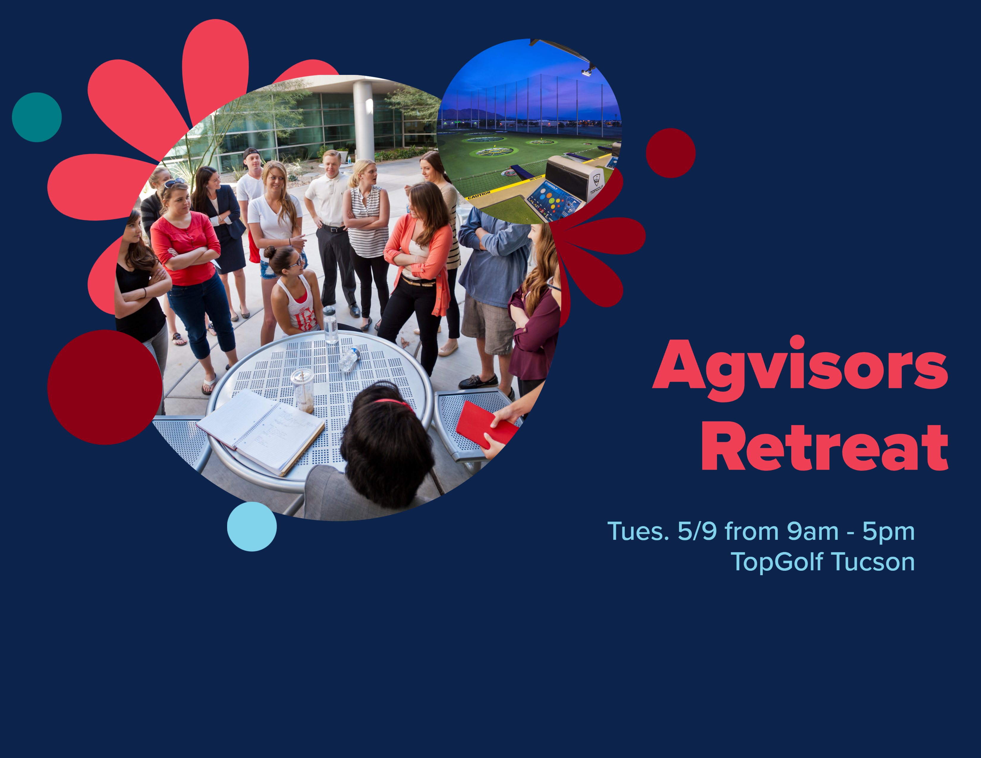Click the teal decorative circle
pyautogui.click(x=37, y=117)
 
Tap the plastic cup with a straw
pyautogui.click(x=303, y=390)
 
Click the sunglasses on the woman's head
pyautogui.click(x=174, y=182)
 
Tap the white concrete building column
pyautogui.click(x=363, y=121)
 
